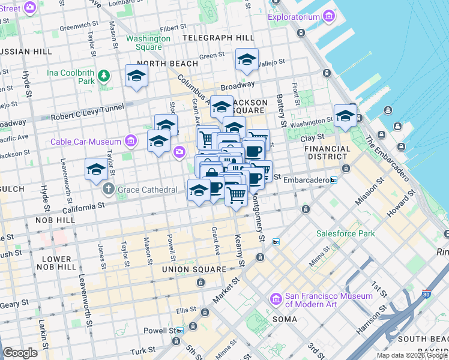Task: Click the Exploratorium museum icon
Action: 328,17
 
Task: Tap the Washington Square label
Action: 148,43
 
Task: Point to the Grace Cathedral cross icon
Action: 108,190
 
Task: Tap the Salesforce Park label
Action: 346,233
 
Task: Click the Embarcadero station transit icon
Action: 333,180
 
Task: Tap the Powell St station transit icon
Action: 179,331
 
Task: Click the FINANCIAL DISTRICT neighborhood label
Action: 327,153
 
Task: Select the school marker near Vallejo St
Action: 246,60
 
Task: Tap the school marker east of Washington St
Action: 345,115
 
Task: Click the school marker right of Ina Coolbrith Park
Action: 136,76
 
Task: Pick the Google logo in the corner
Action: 20,353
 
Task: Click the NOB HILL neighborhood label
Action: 57,220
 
